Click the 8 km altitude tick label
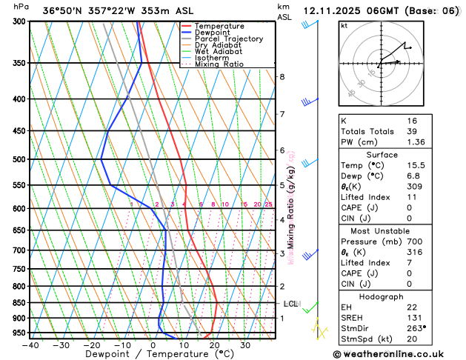pos(282,77)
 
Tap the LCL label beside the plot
pos(291,304)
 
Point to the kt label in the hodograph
pos(344,25)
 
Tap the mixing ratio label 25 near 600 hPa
pos(268,204)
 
